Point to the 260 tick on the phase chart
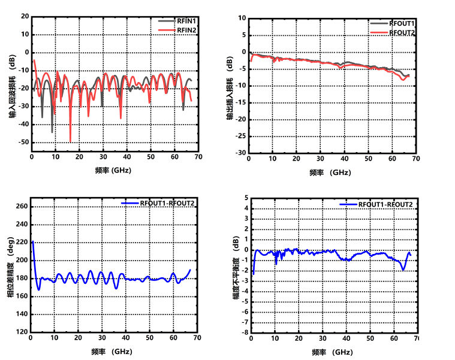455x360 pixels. pyautogui.click(x=21, y=207)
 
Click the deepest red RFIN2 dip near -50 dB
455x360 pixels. pyautogui.click(x=70, y=141)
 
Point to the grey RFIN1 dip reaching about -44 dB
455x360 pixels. pyautogui.click(x=52, y=132)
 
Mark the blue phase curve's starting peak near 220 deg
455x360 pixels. pyautogui.click(x=32, y=241)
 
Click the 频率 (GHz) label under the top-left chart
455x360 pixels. pyautogui.click(x=113, y=170)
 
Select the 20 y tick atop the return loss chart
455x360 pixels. pyautogui.click(x=25, y=16)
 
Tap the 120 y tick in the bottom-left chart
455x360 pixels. pyautogui.click(x=21, y=332)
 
